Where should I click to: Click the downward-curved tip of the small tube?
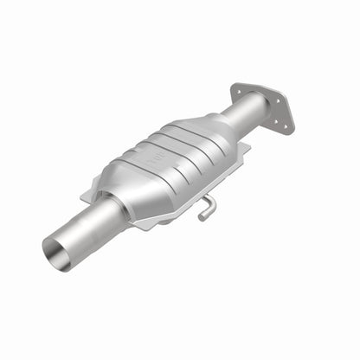click(x=201, y=215)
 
